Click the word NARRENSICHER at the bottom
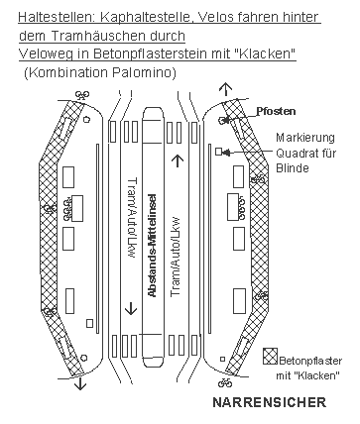269,402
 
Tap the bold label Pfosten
276,111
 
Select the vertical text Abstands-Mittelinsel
152,246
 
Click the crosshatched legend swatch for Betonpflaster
270,357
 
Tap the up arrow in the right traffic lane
178,161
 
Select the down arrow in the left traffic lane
131,309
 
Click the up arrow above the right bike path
226,88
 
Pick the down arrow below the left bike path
80,384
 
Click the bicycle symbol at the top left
82,95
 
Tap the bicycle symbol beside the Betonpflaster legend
225,383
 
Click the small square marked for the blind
218,152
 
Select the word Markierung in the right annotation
305,138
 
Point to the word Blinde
293,168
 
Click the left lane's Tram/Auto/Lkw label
132,218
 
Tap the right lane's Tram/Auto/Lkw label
176,257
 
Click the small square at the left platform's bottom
89,323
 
